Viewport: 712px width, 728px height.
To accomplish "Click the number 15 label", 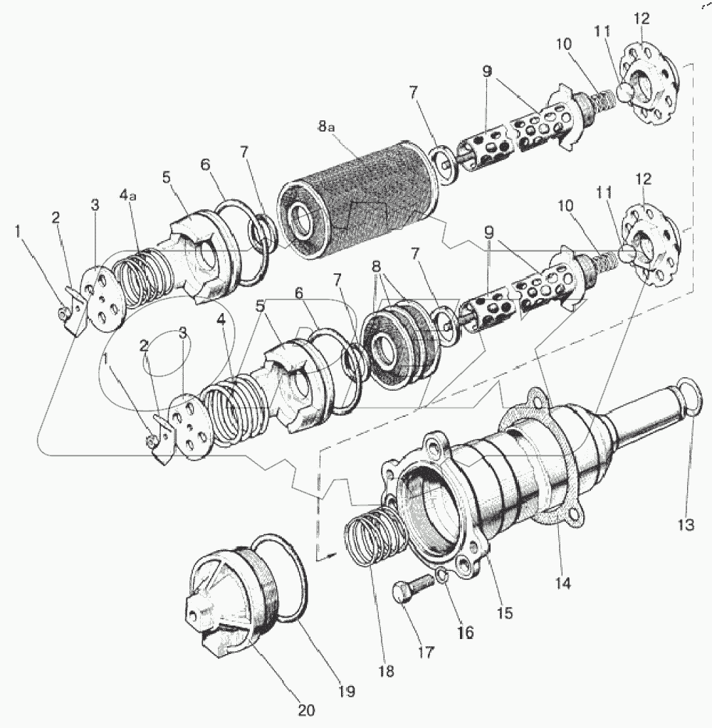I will tap(506, 612).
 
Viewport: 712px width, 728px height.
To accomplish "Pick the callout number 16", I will tap(465, 631).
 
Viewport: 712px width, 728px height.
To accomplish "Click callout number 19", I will tap(347, 690).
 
